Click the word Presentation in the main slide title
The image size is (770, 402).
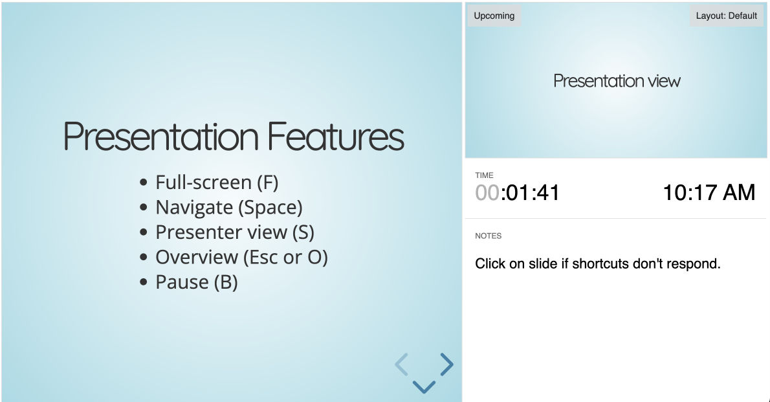pos(160,137)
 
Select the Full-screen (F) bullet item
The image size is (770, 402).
pos(217,183)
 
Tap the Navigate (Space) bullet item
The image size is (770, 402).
pos(229,208)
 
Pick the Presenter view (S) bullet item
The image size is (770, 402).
pos(235,232)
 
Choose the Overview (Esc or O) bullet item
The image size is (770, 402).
pos(241,258)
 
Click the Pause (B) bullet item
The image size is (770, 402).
pos(197,282)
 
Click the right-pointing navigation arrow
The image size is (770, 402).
pos(446,364)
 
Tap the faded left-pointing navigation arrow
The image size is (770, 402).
pos(402,364)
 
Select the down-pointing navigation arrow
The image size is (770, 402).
pos(424,386)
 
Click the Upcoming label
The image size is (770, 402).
pos(494,16)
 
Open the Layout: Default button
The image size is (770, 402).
pos(726,16)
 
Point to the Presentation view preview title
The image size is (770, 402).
pos(617,81)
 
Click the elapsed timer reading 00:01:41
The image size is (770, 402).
pos(518,193)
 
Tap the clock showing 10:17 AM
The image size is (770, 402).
pos(709,192)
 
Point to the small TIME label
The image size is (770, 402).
pos(484,175)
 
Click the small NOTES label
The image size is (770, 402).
pos(488,236)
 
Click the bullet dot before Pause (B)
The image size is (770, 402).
pos(144,283)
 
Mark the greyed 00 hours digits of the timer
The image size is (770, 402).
pos(487,193)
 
